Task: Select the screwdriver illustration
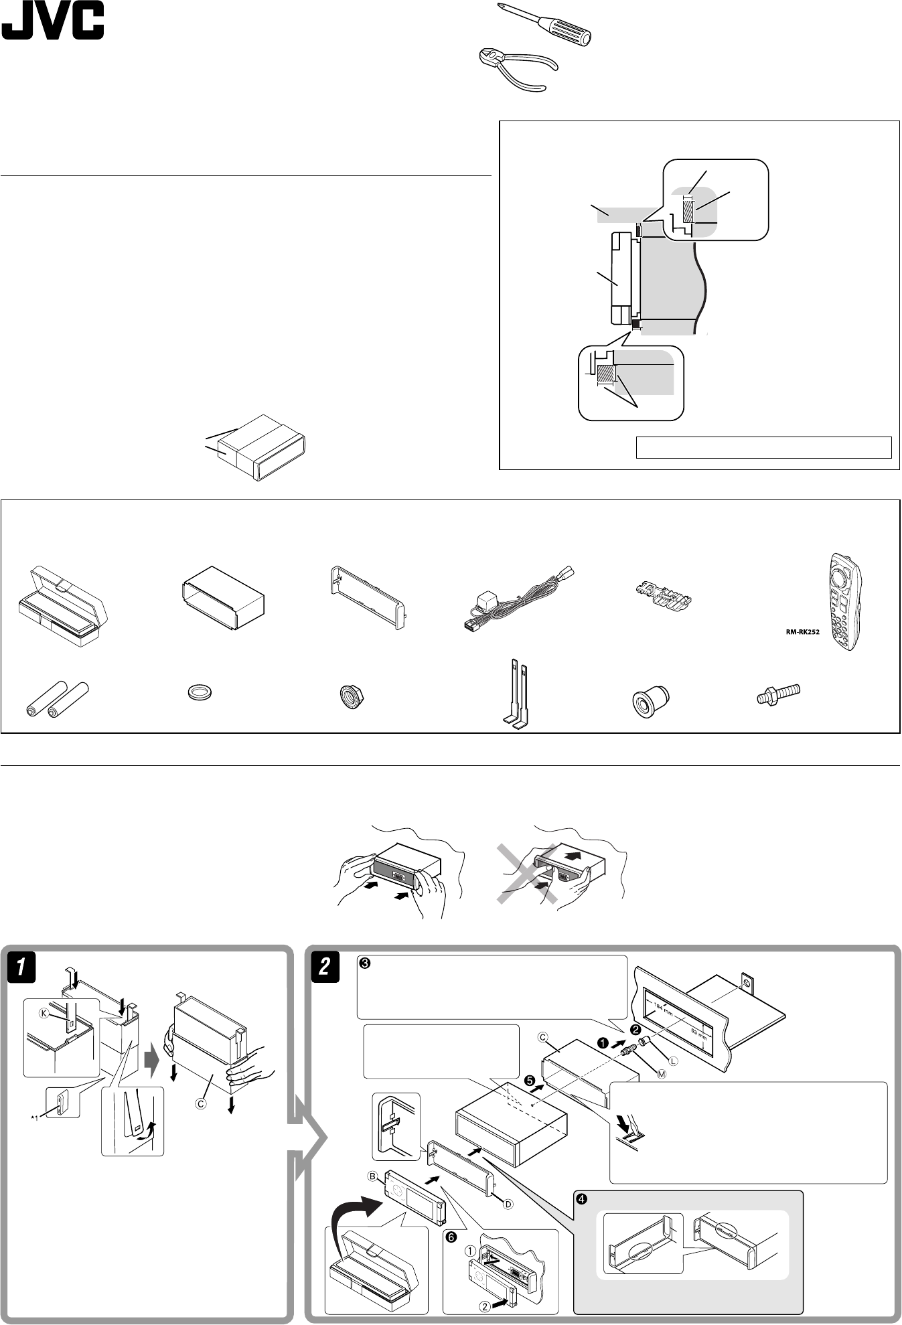click(x=544, y=25)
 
